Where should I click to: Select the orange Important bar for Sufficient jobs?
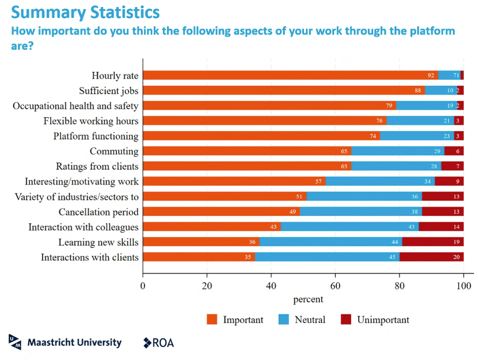pyautogui.click(x=283, y=91)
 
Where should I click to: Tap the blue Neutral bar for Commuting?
pyautogui.click(x=398, y=151)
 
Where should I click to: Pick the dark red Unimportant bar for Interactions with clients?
pyautogui.click(x=431, y=257)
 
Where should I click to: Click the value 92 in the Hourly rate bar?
pyautogui.click(x=431, y=76)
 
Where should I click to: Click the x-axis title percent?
pyautogui.click(x=308, y=299)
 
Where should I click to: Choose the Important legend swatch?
pyautogui.click(x=212, y=320)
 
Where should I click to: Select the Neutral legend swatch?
pyautogui.click(x=284, y=320)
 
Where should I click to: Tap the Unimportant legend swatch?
pyautogui.click(x=346, y=320)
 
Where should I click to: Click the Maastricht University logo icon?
pyautogui.click(x=15, y=342)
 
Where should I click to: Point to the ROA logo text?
pyautogui.click(x=163, y=343)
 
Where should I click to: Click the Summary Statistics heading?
pyautogui.click(x=85, y=12)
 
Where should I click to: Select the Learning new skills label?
pyautogui.click(x=98, y=242)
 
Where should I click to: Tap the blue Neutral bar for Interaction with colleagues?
pyautogui.click(x=350, y=227)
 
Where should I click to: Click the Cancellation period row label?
pyautogui.click(x=98, y=212)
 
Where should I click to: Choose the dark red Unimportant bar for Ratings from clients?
pyautogui.click(x=452, y=166)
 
